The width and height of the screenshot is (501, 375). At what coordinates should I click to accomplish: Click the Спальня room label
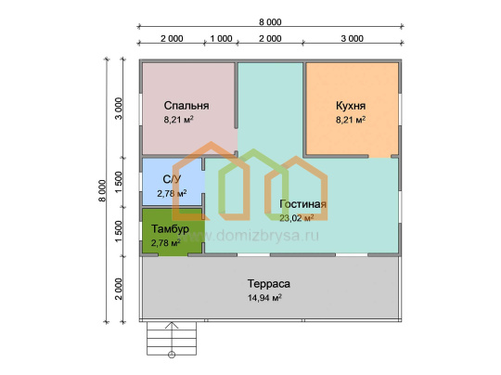click(186, 106)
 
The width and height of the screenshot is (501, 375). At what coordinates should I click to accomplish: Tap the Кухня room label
click(351, 106)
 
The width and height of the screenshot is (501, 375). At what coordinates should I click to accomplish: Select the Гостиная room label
click(302, 204)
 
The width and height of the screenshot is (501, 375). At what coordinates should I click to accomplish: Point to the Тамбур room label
click(170, 229)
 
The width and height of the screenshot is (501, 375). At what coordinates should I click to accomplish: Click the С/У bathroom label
click(172, 179)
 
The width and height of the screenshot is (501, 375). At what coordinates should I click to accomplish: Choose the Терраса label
click(269, 283)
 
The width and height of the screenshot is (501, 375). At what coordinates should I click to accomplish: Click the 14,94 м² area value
click(264, 298)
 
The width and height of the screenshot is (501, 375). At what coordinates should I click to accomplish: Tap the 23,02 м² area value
click(297, 218)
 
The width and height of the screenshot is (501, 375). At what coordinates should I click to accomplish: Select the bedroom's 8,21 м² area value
click(179, 120)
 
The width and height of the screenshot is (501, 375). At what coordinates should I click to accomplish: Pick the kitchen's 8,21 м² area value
click(351, 120)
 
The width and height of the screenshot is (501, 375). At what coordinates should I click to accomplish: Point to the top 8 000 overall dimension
click(270, 21)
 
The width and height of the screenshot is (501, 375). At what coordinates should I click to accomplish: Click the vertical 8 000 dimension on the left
click(102, 190)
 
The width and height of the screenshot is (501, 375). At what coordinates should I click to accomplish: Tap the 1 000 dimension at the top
click(221, 38)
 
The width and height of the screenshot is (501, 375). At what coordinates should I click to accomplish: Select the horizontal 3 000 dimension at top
click(353, 38)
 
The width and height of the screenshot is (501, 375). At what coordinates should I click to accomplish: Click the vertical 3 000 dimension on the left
click(119, 109)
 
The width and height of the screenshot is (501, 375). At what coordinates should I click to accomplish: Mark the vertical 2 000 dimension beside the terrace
click(119, 289)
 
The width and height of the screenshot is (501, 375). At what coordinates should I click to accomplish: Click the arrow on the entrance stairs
click(172, 338)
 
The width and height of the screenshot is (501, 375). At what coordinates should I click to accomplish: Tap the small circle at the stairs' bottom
click(172, 355)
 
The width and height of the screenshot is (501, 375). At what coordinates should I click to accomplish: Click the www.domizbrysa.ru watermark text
click(250, 236)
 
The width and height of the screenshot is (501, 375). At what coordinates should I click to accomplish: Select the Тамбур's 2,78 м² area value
click(166, 243)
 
